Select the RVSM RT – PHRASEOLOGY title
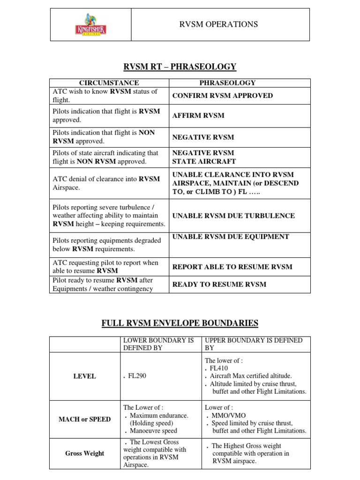point(180,67)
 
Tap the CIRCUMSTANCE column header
point(108,83)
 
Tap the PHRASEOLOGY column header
point(227,83)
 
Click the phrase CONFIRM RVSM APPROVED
point(222,96)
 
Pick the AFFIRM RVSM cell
point(198,115)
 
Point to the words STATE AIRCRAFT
point(204,161)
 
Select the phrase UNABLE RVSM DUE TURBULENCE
point(233,216)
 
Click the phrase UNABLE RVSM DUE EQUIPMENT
point(231,237)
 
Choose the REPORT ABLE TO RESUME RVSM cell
point(232,267)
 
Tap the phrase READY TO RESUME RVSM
point(219,284)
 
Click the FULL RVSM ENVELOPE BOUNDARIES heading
point(180,323)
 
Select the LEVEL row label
point(84,376)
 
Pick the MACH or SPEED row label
point(84,419)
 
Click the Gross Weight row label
point(84,453)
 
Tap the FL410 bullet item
point(219,368)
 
